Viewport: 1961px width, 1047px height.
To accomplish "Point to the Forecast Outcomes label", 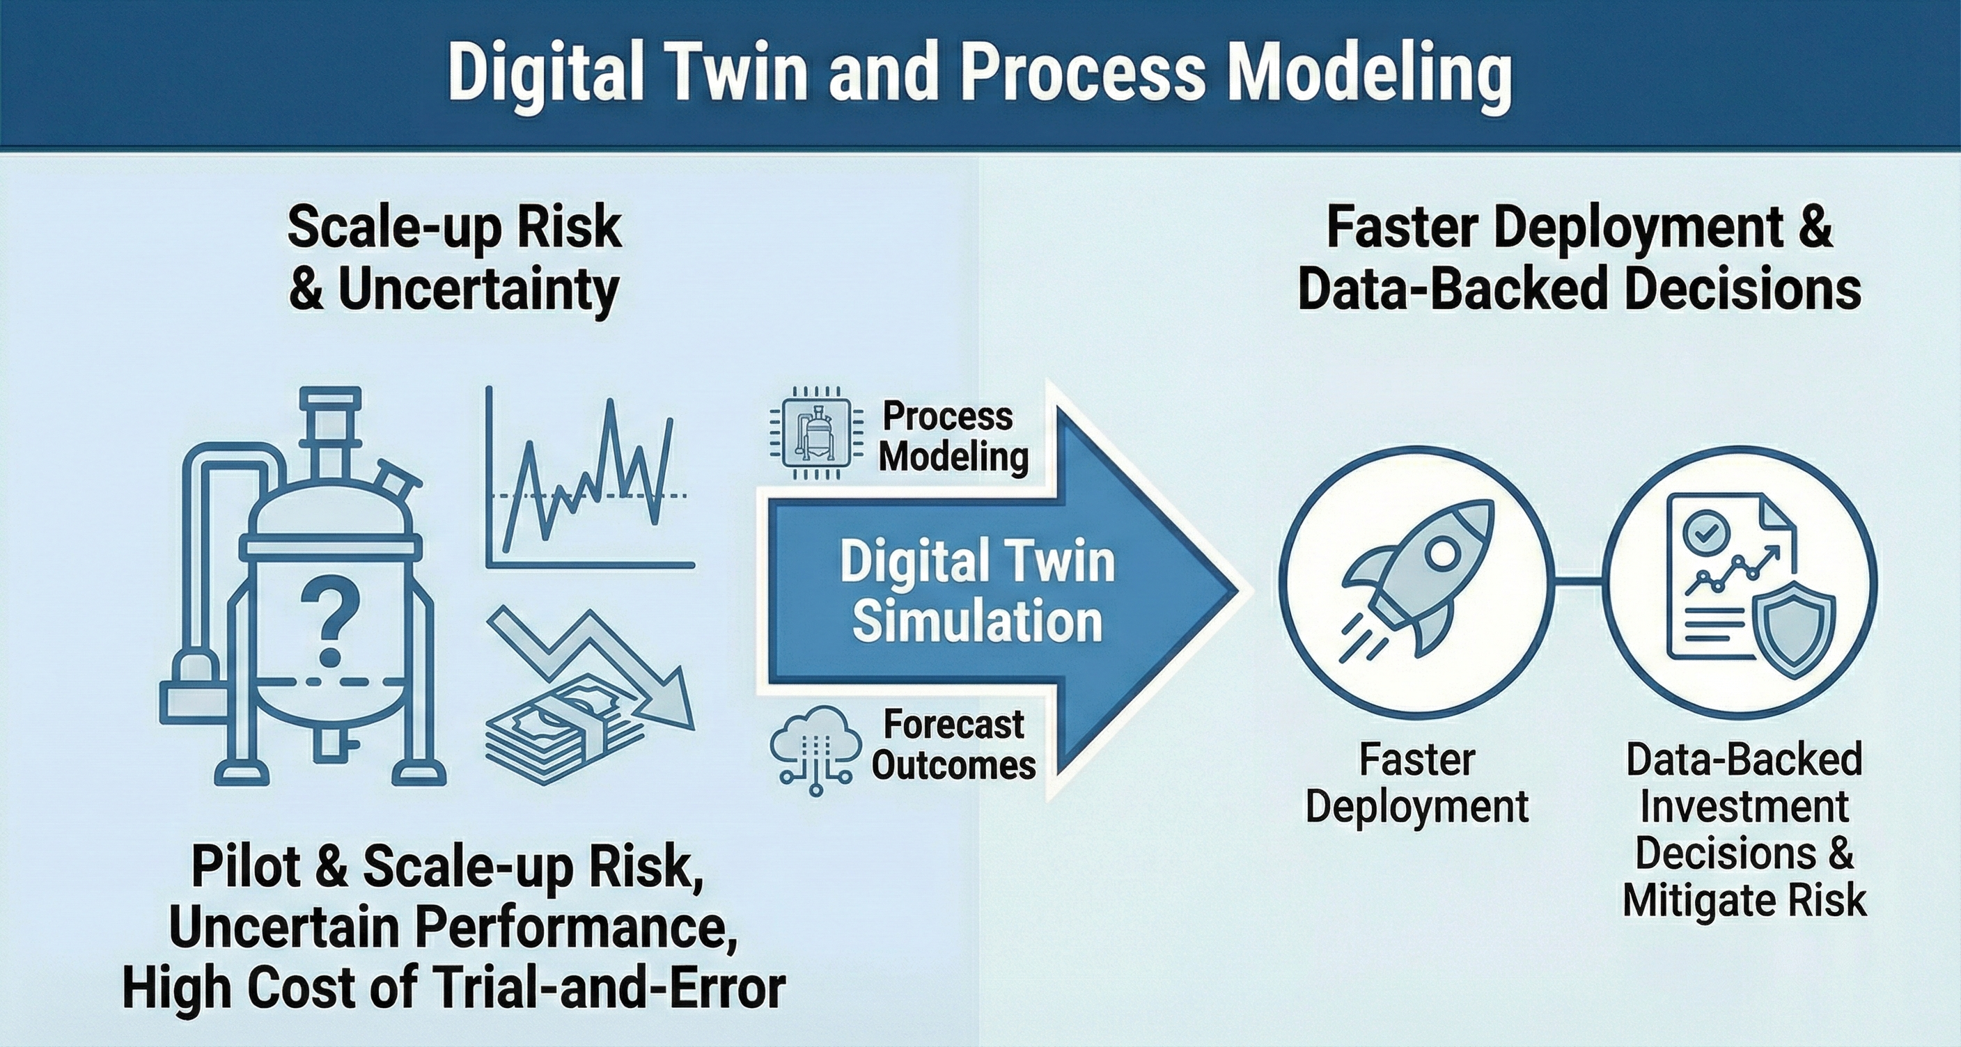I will [x=953, y=744].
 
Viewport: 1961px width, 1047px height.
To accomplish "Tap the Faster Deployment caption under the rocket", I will [x=1416, y=783].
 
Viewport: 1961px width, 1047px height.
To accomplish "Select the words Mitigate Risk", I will [x=1745, y=900].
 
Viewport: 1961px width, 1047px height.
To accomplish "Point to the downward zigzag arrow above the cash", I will [x=586, y=654].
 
